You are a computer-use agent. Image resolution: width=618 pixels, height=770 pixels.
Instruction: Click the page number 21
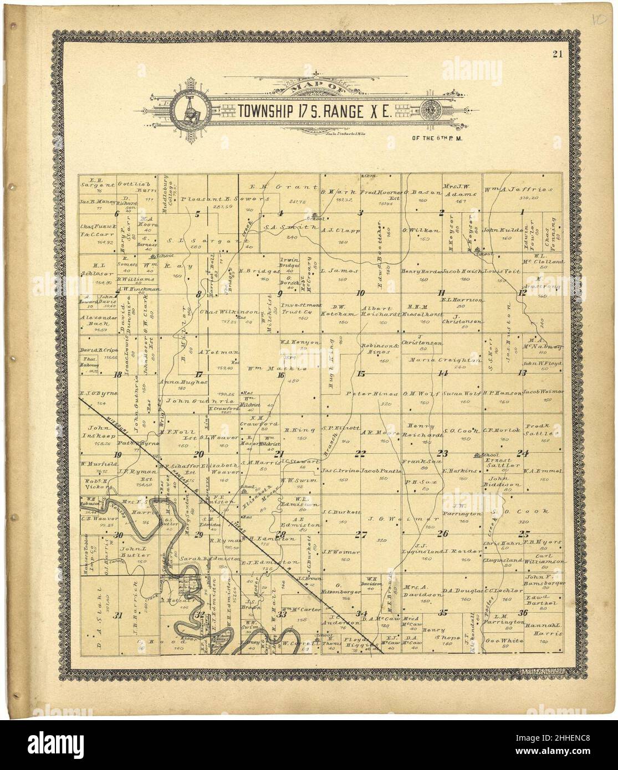click(556, 54)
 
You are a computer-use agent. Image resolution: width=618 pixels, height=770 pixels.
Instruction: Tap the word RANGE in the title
click(345, 111)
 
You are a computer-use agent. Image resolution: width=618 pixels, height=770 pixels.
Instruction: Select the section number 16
click(280, 375)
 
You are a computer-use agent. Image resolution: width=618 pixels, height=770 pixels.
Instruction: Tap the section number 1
click(522, 212)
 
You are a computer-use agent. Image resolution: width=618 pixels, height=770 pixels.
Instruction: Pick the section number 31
click(117, 615)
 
